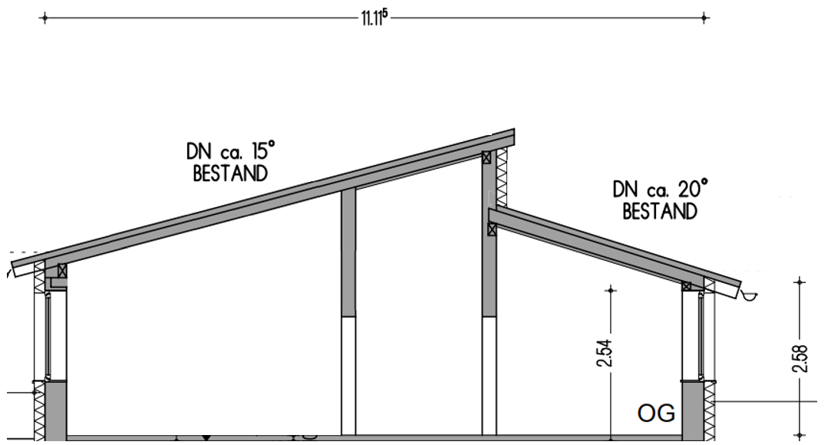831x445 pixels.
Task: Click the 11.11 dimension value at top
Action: pos(374,18)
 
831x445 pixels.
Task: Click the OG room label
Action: pos(657,414)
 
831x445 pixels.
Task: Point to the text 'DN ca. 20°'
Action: pos(660,190)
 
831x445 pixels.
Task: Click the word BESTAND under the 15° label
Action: pos(230,173)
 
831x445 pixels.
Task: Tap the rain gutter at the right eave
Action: pos(750,294)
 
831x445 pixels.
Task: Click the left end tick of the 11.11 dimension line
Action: pos(45,18)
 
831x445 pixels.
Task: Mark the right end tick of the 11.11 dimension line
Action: pos(704,18)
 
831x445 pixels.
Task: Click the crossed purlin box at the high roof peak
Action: pos(486,157)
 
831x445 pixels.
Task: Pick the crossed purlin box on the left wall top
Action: pos(62,270)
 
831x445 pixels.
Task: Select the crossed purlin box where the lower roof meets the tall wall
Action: pos(492,229)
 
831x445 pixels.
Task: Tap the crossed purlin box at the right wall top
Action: pos(687,286)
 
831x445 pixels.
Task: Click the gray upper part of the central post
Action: pos(348,253)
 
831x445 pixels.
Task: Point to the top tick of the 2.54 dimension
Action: pos(611,290)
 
